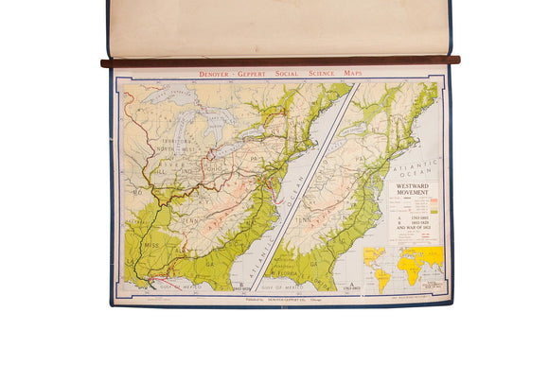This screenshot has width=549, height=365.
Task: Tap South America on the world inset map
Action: [383, 275]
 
